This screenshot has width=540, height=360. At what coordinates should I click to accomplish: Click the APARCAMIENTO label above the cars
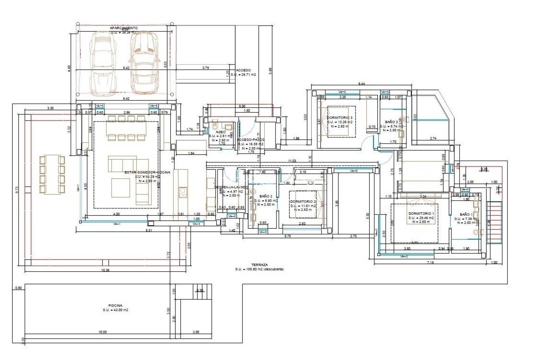click(x=124, y=28)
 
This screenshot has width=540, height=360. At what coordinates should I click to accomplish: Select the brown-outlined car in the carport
click(x=144, y=63)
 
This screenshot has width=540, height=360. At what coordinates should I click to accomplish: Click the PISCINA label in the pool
click(x=115, y=305)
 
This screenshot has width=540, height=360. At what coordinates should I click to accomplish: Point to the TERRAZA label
click(x=259, y=265)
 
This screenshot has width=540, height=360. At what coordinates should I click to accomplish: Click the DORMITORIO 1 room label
click(x=421, y=214)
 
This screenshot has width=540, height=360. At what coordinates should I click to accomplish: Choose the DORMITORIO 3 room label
click(x=339, y=118)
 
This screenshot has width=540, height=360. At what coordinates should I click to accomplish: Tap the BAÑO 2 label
click(x=266, y=197)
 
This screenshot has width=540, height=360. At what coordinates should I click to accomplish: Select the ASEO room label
click(x=220, y=132)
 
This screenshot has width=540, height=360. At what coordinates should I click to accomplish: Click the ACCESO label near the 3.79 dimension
click(x=243, y=70)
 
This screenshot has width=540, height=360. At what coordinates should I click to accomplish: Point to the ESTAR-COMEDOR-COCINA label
click(x=147, y=172)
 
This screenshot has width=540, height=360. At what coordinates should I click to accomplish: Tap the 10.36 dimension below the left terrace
click(x=105, y=270)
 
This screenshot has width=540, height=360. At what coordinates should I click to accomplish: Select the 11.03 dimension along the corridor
click(x=292, y=161)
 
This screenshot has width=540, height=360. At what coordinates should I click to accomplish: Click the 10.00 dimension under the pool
click(x=102, y=332)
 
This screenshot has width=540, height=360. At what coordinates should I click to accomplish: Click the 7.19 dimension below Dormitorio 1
click(x=430, y=263)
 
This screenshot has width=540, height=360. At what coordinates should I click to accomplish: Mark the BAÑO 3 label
click(x=391, y=122)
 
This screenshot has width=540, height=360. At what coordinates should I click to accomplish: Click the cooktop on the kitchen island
click(x=183, y=193)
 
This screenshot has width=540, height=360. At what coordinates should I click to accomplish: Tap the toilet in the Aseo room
click(x=215, y=126)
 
